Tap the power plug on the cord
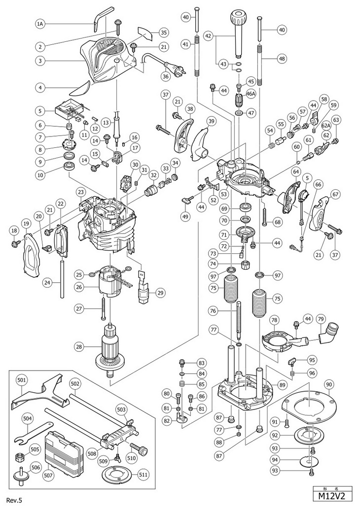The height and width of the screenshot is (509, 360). coord(175,70)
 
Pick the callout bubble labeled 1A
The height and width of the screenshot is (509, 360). coord(39,24)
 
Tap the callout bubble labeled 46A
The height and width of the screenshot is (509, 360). coord(251,95)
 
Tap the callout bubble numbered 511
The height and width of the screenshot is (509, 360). coord(143,475)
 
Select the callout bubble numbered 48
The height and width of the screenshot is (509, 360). coord(282,59)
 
